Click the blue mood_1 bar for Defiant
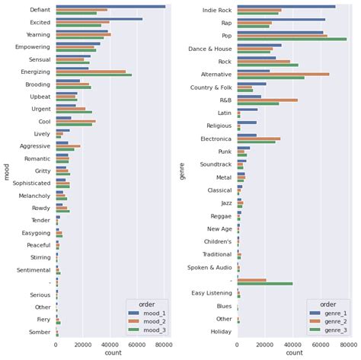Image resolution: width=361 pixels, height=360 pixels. coord(110,6)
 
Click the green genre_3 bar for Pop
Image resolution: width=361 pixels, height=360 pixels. coord(292,38)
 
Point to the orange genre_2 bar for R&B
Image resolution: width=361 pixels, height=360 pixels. coord(267,99)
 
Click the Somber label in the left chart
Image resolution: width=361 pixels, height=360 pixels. coord(40,331)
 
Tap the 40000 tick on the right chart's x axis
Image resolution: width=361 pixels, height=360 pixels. coord(292,343)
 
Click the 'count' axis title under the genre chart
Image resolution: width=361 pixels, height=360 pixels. coord(293,353)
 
